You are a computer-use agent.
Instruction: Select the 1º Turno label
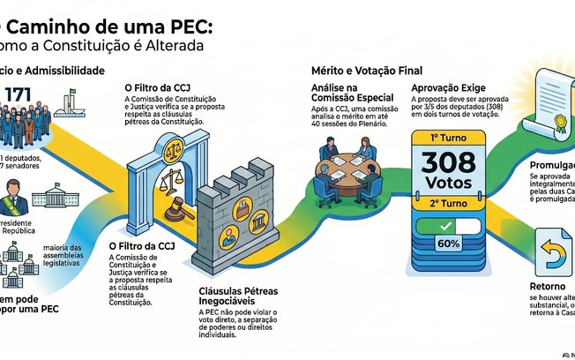tap(451, 138)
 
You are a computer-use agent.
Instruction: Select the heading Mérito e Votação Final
tap(366, 70)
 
